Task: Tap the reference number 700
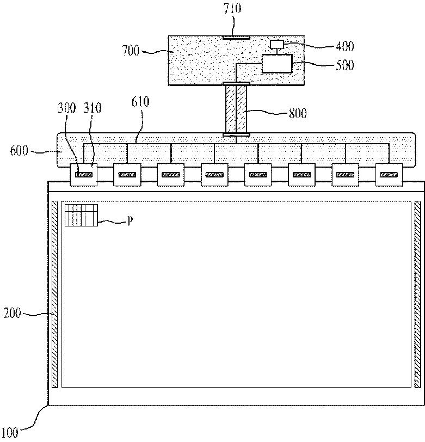pos(131,51)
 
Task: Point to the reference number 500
pos(342,65)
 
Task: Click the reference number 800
pos(298,113)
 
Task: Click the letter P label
pos(130,221)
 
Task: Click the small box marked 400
pos(278,44)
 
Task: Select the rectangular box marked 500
pos(276,64)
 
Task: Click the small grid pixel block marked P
pos(81,215)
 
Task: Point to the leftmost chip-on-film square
pos(84,175)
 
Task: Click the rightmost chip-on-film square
pos(389,175)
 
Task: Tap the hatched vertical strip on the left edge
pos(54,294)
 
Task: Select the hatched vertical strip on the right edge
pos(417,294)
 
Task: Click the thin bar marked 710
pos(236,38)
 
